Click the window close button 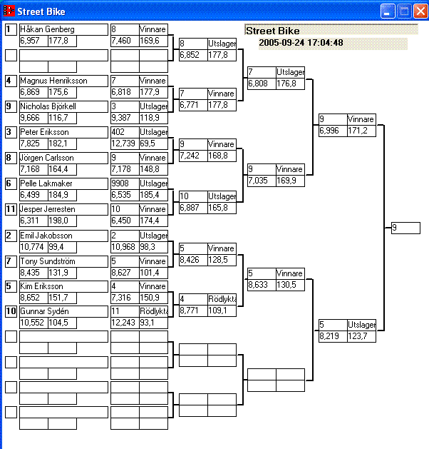pos(420,11)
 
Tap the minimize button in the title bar pos(388,11)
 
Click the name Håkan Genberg pos(47,29)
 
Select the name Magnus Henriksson pos(53,81)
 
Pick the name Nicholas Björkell pos(51,106)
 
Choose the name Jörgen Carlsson pos(47,158)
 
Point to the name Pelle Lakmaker pos(46,183)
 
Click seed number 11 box pos(11,209)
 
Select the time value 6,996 pos(331,131)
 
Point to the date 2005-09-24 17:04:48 pos(301,43)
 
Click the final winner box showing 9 pos(405,228)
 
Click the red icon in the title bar pos(9,11)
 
